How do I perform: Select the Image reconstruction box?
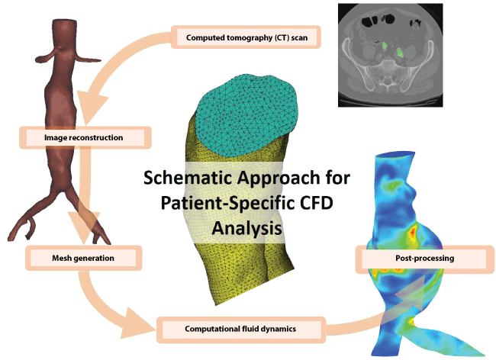click(x=85, y=137)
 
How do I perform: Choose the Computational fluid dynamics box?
click(x=241, y=329)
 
